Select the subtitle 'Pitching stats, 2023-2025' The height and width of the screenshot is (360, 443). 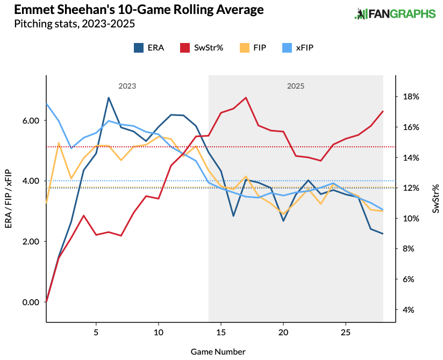tap(74, 24)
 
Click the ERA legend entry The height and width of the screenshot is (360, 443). tap(149, 48)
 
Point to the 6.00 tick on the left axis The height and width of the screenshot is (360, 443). tap(31, 121)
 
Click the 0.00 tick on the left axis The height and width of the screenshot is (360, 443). tap(31, 302)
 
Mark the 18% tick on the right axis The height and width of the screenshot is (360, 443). tap(410, 97)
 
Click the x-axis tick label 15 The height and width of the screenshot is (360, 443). tap(221, 333)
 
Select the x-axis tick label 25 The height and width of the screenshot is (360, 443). tap(345, 333)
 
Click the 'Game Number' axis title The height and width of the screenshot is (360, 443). tap(218, 351)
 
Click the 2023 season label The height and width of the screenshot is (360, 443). tap(127, 86)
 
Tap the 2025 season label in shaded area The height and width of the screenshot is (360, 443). tap(295, 86)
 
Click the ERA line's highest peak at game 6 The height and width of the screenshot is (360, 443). tap(109, 98)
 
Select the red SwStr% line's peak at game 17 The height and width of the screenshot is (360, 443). tap(246, 98)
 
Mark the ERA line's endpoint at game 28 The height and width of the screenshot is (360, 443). tap(383, 234)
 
